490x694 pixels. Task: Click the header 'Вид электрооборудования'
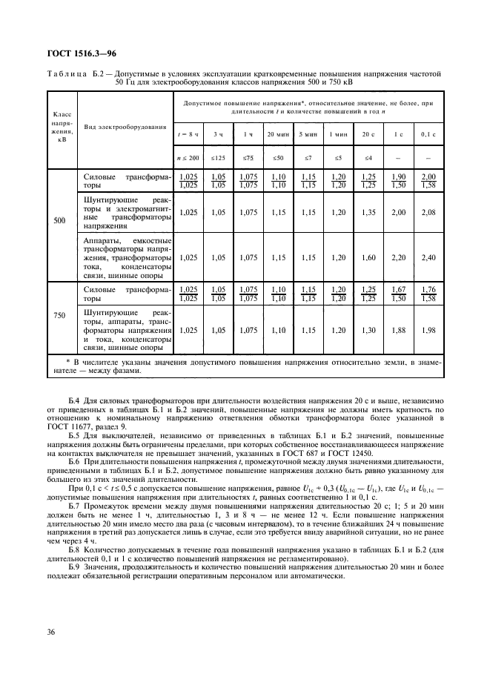tap(125, 128)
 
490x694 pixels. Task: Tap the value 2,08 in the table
tap(428, 212)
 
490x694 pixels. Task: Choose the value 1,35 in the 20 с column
tap(366, 212)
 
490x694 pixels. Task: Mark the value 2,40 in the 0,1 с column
tap(428, 257)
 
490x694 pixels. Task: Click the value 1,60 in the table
tap(366, 257)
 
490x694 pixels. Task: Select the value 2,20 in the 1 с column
tap(398, 257)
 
